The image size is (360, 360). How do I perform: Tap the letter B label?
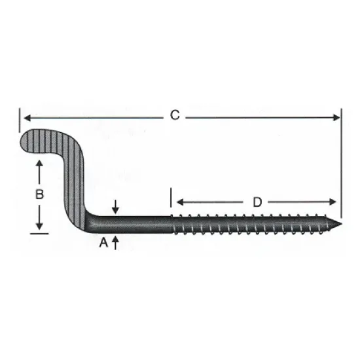point(39,194)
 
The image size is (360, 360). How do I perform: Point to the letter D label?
point(257,202)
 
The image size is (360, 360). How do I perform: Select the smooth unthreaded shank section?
point(137,225)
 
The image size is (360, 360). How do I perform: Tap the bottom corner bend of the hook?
point(85,221)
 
